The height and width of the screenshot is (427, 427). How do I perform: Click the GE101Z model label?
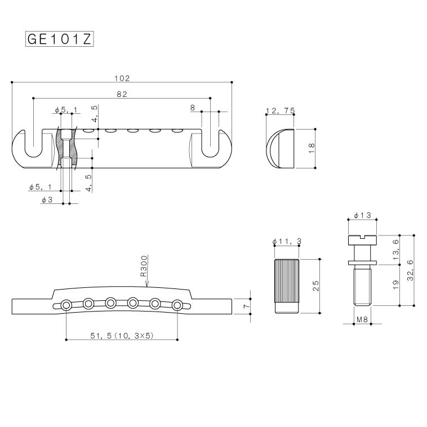(x=59, y=39)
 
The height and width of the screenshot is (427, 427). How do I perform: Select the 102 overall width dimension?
(x=122, y=78)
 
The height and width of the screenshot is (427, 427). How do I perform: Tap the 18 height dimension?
(x=311, y=148)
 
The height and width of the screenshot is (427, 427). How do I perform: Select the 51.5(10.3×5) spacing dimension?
(x=122, y=335)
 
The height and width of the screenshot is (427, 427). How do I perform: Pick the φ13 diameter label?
(x=362, y=216)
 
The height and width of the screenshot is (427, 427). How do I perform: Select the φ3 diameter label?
(x=47, y=199)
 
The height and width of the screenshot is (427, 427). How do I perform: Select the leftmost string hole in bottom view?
(x=67, y=305)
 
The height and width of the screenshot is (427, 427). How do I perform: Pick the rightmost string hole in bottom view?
(x=177, y=305)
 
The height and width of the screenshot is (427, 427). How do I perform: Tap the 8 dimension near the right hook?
(x=193, y=107)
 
